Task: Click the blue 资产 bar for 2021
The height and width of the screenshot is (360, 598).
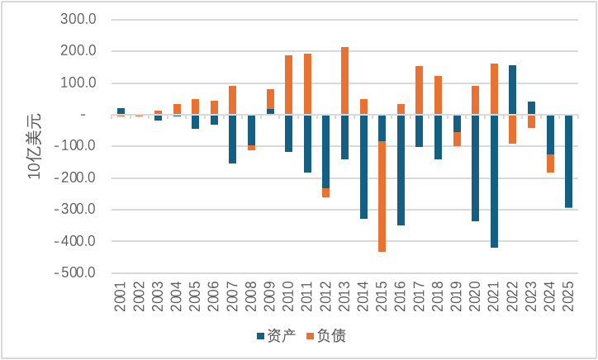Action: [x=495, y=182]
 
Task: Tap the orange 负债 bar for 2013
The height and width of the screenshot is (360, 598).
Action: [x=345, y=81]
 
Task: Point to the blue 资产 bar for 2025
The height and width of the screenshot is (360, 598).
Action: [x=569, y=161]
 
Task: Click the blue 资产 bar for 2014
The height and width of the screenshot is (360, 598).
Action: [x=363, y=167]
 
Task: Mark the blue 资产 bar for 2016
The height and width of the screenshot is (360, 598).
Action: [x=401, y=170]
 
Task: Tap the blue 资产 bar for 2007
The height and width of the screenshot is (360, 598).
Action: [x=233, y=140]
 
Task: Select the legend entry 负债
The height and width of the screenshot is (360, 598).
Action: [x=329, y=337]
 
